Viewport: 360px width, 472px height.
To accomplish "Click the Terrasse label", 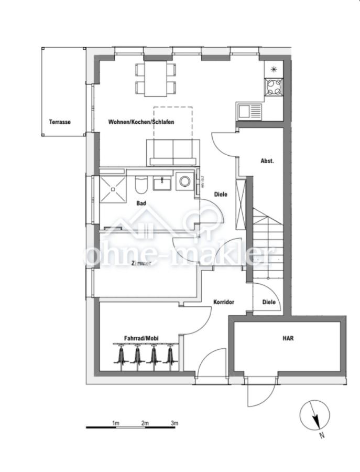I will [x=60, y=122].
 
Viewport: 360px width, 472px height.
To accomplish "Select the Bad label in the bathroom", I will [x=141, y=203].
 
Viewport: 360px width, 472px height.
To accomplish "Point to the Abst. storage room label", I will [x=267, y=161].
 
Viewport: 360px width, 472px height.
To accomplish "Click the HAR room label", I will [x=288, y=338].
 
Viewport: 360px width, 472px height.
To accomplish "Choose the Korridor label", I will [x=223, y=303].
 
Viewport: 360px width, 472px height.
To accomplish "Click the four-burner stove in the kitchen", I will [x=274, y=86].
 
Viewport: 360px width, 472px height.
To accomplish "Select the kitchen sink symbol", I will [x=248, y=111].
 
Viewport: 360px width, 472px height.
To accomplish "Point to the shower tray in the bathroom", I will [x=113, y=188].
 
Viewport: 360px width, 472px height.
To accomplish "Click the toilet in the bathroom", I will [x=141, y=185].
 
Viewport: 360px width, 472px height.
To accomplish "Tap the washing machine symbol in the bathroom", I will [x=185, y=181].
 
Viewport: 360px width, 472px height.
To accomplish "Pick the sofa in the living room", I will [x=172, y=152].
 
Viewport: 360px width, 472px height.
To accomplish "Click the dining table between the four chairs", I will [x=155, y=79].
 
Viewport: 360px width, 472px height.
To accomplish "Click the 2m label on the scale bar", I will [x=145, y=422].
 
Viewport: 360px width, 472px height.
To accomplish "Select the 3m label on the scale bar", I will [x=174, y=422].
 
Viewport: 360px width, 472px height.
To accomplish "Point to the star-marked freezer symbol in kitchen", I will [x=274, y=68].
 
